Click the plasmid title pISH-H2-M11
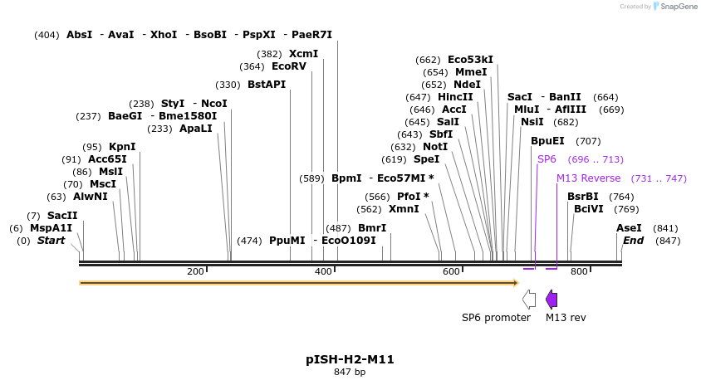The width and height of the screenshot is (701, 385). point(350,359)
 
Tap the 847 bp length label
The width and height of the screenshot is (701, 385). point(350,373)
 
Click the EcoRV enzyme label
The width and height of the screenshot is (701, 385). point(289,66)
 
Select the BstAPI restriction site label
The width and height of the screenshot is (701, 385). point(267,85)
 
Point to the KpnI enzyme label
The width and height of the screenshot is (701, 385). point(122,147)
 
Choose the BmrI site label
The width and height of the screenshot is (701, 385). point(372,228)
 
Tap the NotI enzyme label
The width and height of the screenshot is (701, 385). point(435,147)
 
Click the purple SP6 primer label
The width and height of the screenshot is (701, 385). point(547,159)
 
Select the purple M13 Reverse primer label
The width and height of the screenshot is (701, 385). point(589,178)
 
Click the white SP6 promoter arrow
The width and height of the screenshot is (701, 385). point(528,300)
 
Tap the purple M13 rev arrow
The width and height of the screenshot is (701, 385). point(551,300)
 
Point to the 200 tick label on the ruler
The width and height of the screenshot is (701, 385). point(195,271)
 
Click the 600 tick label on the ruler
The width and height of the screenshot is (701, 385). point(451,271)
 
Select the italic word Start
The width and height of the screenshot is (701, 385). point(51,241)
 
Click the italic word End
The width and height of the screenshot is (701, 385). point(633,241)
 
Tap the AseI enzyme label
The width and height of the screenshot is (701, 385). point(629,228)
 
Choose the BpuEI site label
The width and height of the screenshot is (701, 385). point(547,141)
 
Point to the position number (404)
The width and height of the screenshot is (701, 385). point(47,35)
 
